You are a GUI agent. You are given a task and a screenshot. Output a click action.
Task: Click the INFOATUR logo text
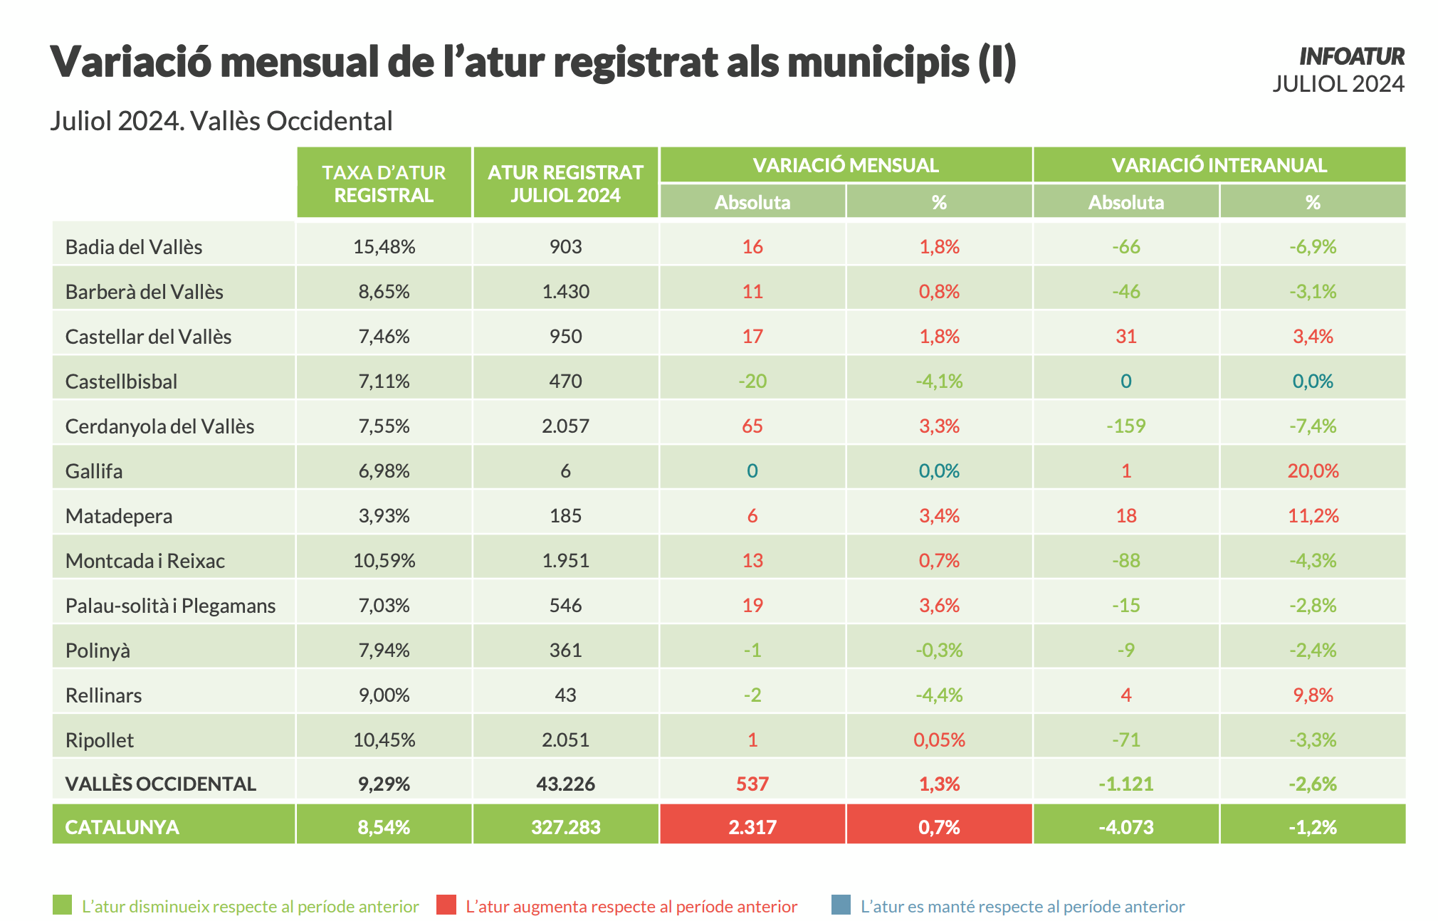pos(1351,56)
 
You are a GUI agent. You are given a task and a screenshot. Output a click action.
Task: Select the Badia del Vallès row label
pos(134,247)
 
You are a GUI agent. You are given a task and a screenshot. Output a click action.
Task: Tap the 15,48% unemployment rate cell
pos(384,247)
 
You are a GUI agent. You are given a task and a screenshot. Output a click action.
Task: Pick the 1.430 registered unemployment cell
pos(565,292)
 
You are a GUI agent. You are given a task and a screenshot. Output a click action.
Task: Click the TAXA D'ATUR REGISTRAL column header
pos(384,184)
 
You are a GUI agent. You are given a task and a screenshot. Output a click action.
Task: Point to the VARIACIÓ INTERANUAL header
pos(1219,165)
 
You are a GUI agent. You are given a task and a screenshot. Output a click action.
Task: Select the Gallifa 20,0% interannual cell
pos(1313,471)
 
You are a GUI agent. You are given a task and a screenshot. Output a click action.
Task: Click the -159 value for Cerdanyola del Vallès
pos(1125,426)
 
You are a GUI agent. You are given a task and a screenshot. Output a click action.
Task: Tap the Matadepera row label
pos(119,516)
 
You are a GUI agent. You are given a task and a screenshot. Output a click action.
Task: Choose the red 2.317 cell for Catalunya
pos(752,827)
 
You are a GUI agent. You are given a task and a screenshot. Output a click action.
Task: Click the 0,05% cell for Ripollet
pos(939,740)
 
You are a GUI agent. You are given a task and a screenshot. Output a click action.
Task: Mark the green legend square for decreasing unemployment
pos(63,905)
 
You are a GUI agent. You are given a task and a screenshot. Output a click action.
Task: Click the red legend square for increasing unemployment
pos(446,905)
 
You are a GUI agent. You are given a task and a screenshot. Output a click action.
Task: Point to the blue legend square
pos(841,905)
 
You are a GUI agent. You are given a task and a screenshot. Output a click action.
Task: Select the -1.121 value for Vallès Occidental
pos(1125,784)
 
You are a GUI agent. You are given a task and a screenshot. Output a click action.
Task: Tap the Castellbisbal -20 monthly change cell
pos(752,381)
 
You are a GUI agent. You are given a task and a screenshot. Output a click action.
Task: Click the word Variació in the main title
pos(131,62)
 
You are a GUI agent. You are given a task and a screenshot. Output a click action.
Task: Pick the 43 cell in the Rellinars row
pos(565,695)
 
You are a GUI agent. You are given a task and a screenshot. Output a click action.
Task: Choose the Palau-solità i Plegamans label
pos(170,606)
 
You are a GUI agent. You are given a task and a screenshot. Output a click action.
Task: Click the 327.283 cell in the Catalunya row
pos(565,827)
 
